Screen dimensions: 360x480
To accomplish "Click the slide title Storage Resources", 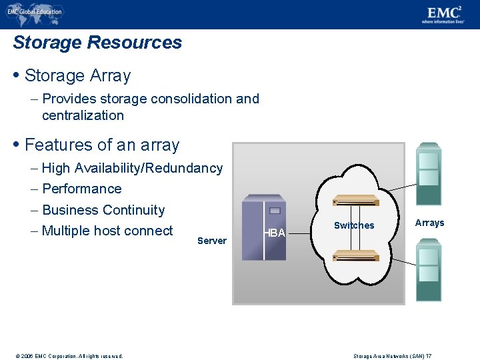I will (97, 43).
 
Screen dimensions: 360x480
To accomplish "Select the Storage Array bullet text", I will (77, 76).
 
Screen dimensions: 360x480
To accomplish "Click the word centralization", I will (83, 115).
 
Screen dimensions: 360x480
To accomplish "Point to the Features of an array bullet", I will (101, 145).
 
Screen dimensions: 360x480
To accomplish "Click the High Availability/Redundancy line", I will (132, 168).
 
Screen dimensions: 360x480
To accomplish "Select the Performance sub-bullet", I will (81, 189).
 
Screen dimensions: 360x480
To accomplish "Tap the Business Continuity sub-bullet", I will (103, 210).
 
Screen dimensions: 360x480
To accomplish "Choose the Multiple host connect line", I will (107, 231).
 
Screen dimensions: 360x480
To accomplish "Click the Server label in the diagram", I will (212, 241).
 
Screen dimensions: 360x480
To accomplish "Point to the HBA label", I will (275, 233).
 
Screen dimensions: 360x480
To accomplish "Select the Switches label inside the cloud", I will (354, 225).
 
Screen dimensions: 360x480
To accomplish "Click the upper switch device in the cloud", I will (356, 201).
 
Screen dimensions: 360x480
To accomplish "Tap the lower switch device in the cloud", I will (356, 255).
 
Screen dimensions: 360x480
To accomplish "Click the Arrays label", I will (429, 223).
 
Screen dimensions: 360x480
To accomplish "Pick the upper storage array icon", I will (428, 173).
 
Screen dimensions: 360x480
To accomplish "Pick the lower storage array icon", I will (428, 269).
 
